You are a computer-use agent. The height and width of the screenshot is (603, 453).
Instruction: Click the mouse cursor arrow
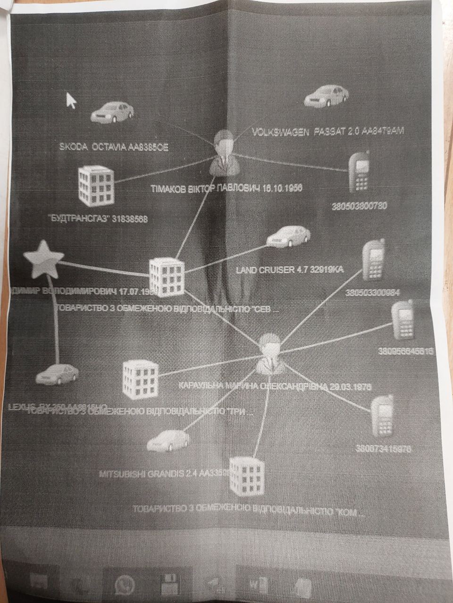coord(71,100)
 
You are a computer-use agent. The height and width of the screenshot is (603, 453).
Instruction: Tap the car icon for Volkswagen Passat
coord(327,97)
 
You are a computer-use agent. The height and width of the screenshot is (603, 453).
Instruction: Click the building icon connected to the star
coord(167,277)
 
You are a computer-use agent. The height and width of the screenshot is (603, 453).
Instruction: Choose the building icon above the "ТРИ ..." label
coord(140,378)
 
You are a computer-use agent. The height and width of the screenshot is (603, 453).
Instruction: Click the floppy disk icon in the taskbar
coord(168,585)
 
